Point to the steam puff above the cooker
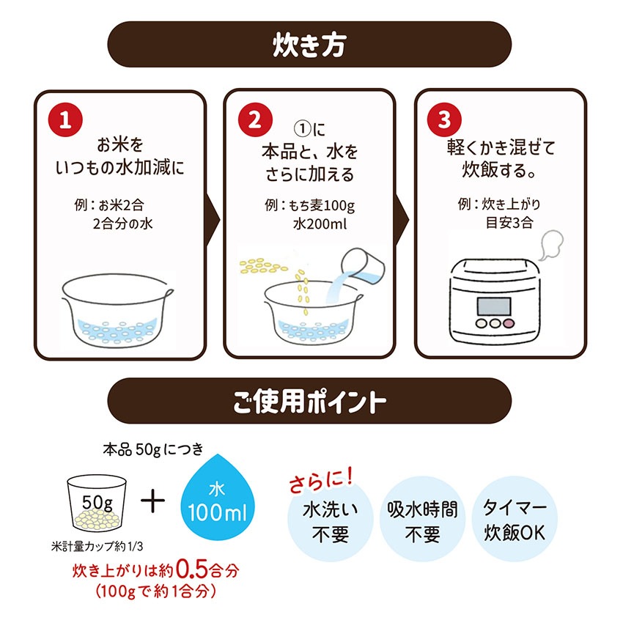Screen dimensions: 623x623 [548, 243]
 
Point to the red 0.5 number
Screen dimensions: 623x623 [187, 569]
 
